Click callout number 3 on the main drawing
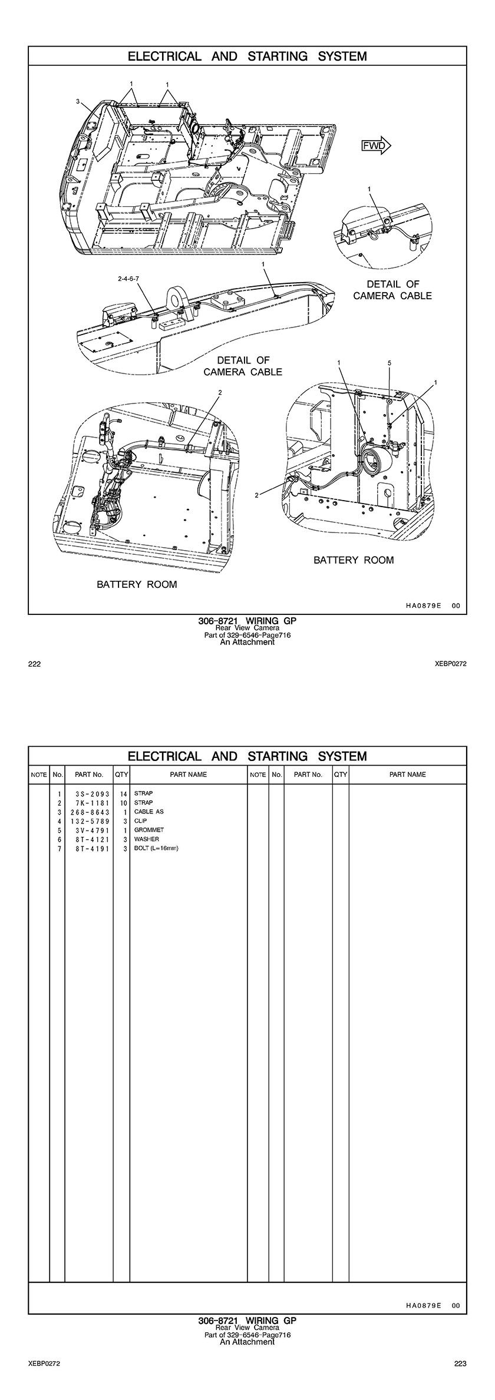pyautogui.click(x=78, y=101)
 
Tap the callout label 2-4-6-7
pyautogui.click(x=129, y=277)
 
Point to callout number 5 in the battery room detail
pyautogui.click(x=390, y=363)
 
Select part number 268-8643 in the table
pyautogui.click(x=90, y=812)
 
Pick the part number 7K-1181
pyautogui.click(x=90, y=803)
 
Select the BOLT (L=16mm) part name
pyautogui.click(x=156, y=848)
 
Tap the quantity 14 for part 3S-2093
pyautogui.click(x=124, y=794)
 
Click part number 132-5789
pyautogui.click(x=90, y=821)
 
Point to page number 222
pyautogui.click(x=34, y=664)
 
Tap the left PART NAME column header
pyautogui.click(x=188, y=775)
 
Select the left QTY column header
pyautogui.click(x=121, y=775)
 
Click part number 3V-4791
pyautogui.click(x=90, y=830)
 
